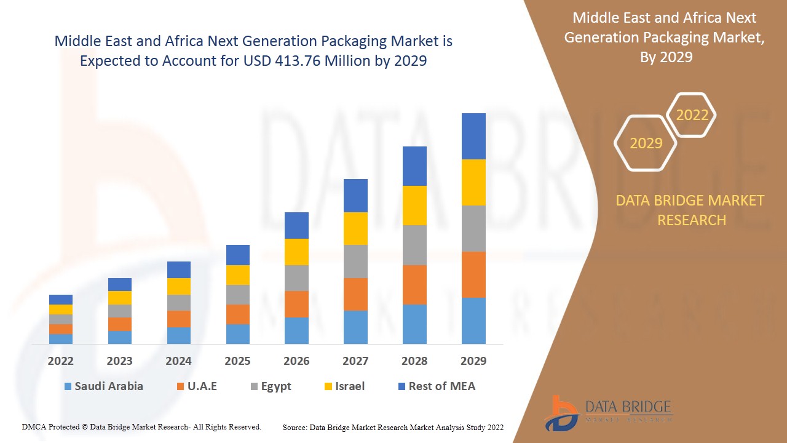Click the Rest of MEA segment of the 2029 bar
pyautogui.click(x=473, y=136)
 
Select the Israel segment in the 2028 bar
pyautogui.click(x=414, y=205)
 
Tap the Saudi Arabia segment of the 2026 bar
pyautogui.click(x=296, y=330)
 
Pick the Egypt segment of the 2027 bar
pyautogui.click(x=355, y=261)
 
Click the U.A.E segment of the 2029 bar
pyautogui.click(x=473, y=274)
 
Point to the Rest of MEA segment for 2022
pyautogui.click(x=61, y=300)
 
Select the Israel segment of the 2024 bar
pyautogui.click(x=179, y=286)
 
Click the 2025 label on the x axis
pyautogui.click(x=237, y=361)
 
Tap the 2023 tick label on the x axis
pyautogui.click(x=119, y=361)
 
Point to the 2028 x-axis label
pyautogui.click(x=414, y=361)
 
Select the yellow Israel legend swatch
pyautogui.click(x=329, y=387)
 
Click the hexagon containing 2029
pyautogui.click(x=646, y=143)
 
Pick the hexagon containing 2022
pyautogui.click(x=692, y=115)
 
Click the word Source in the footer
pyautogui.click(x=295, y=427)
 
